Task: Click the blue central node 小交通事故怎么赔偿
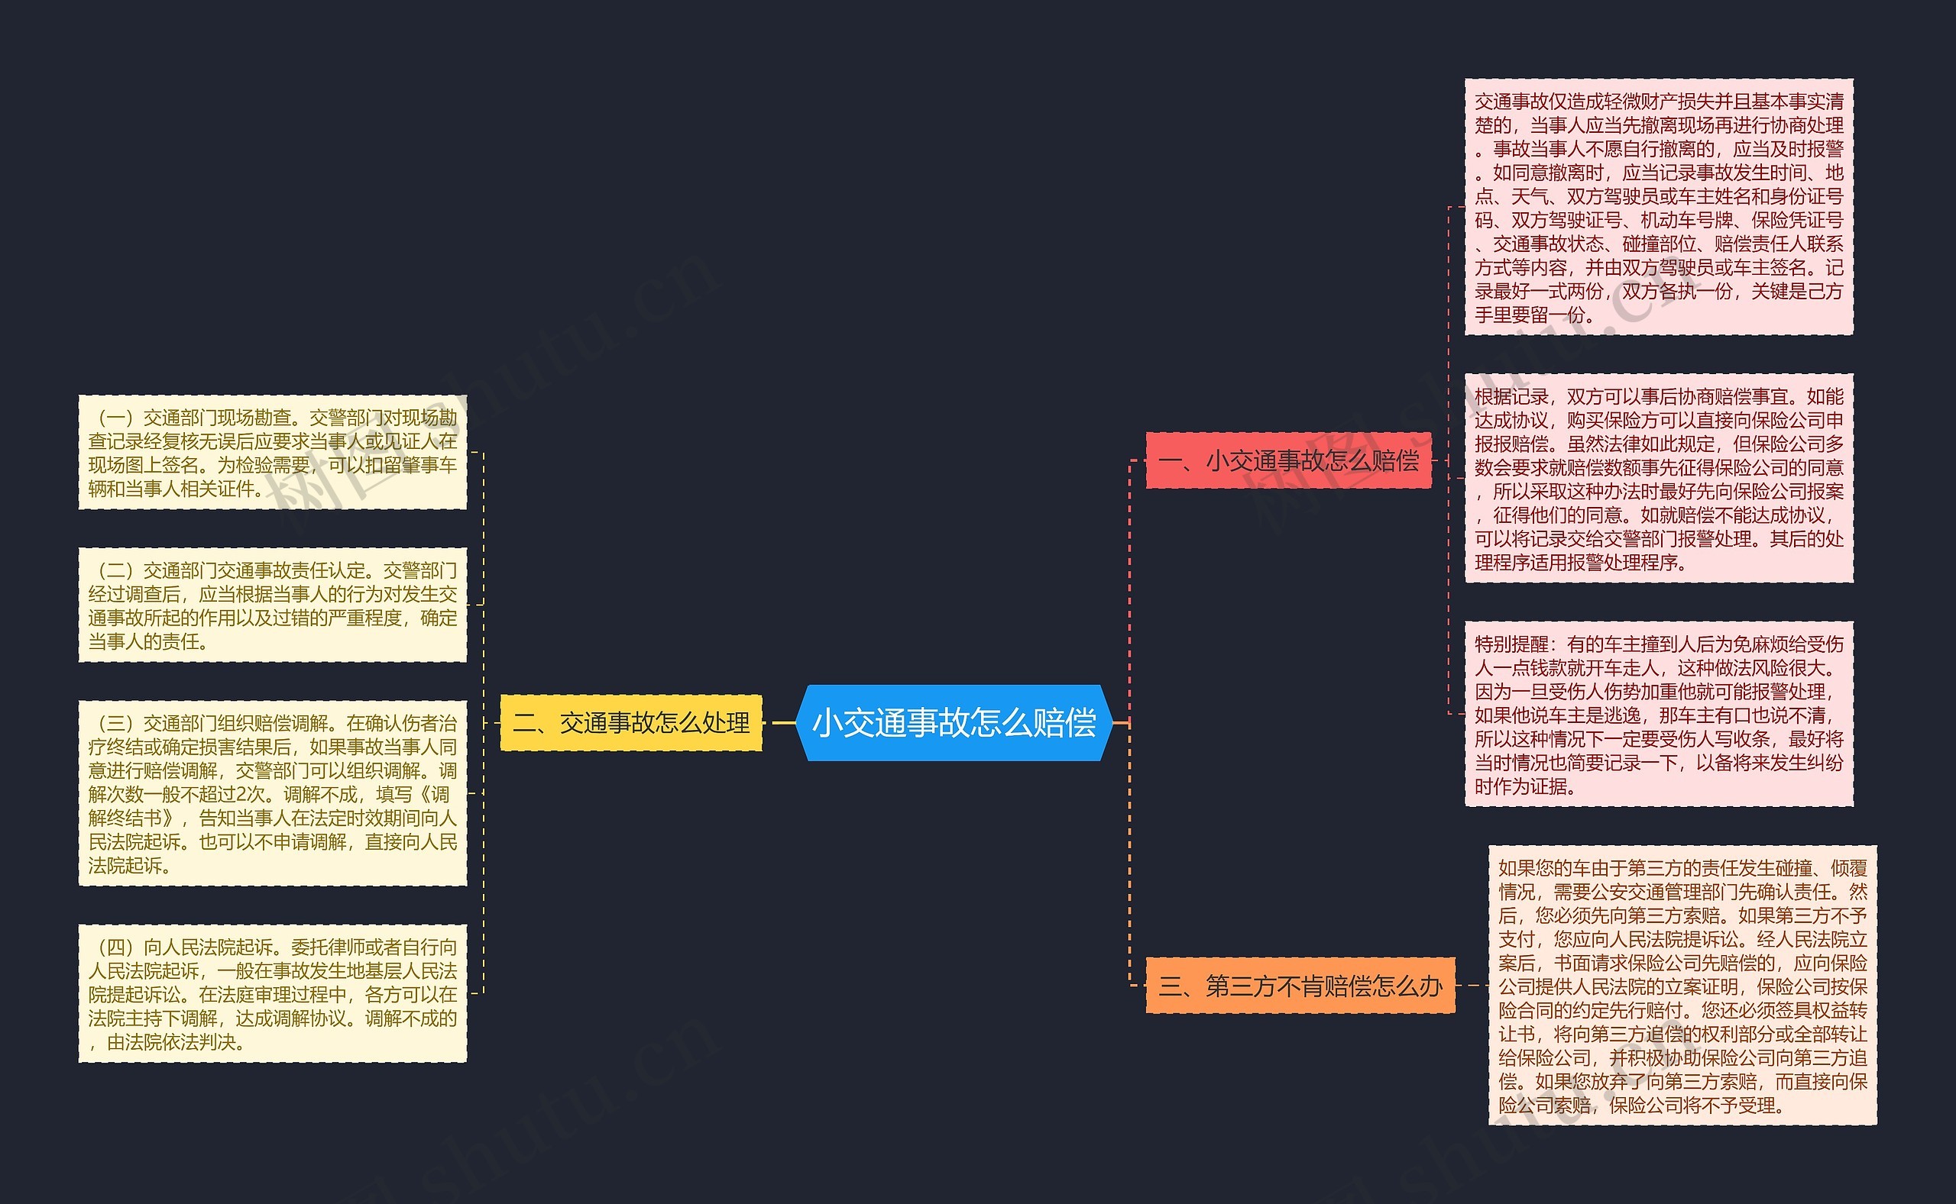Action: (954, 722)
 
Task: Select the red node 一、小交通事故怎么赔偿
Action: (1288, 460)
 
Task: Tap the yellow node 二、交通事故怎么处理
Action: (631, 722)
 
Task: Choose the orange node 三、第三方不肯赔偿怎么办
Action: (1300, 986)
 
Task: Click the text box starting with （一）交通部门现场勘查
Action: (273, 452)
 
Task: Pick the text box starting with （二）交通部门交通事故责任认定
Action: (273, 605)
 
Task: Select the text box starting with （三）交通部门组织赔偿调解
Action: (273, 793)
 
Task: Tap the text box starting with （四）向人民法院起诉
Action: (273, 993)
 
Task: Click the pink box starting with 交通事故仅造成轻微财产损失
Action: (1659, 207)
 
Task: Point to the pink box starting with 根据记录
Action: (1659, 478)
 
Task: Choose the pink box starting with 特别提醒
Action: (1659, 715)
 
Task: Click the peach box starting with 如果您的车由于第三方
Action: (1682, 985)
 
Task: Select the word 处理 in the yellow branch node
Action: (726, 722)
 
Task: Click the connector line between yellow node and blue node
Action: (779, 722)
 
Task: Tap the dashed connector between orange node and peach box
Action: (1472, 986)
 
